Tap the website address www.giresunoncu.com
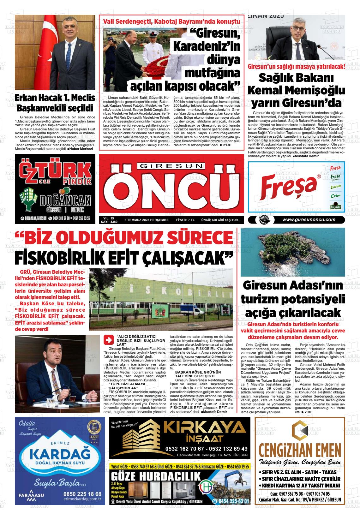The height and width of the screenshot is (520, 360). coord(309,220)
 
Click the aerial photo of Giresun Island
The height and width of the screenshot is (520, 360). coord(292,252)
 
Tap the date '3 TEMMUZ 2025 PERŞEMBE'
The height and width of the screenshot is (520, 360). coord(147,220)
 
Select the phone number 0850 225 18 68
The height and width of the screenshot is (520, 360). coord(83,494)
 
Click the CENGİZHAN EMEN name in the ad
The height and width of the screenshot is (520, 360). coord(300,450)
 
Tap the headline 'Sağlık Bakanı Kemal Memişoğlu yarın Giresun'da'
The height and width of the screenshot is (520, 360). coord(296,90)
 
